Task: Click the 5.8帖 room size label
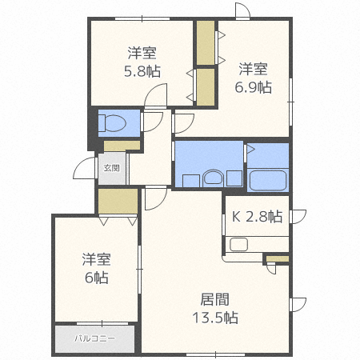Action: (x=142, y=71)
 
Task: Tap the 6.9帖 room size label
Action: (x=253, y=86)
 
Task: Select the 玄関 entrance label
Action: (x=112, y=168)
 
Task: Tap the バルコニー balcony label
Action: (x=95, y=338)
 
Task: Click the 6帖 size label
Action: (x=95, y=278)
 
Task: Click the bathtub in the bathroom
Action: (x=267, y=179)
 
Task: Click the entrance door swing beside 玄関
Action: (x=83, y=168)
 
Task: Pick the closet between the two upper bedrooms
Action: (x=206, y=64)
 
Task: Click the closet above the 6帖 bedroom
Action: (x=118, y=201)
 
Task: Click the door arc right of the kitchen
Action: (x=298, y=215)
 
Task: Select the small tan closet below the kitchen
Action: (x=277, y=258)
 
